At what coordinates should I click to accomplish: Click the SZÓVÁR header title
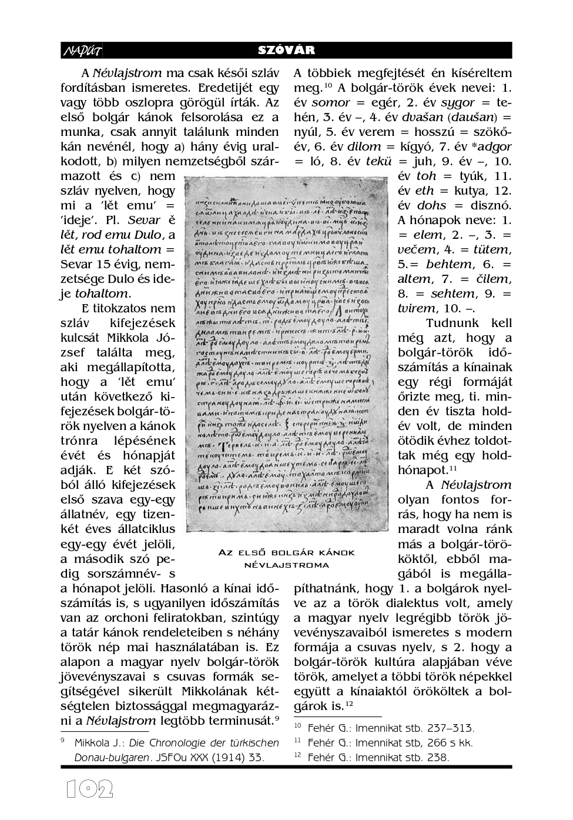pyautogui.click(x=286, y=51)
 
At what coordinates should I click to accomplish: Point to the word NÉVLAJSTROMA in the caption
pyautogui.click(x=286, y=565)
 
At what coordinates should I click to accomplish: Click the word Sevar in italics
pyautogui.click(x=144, y=221)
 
